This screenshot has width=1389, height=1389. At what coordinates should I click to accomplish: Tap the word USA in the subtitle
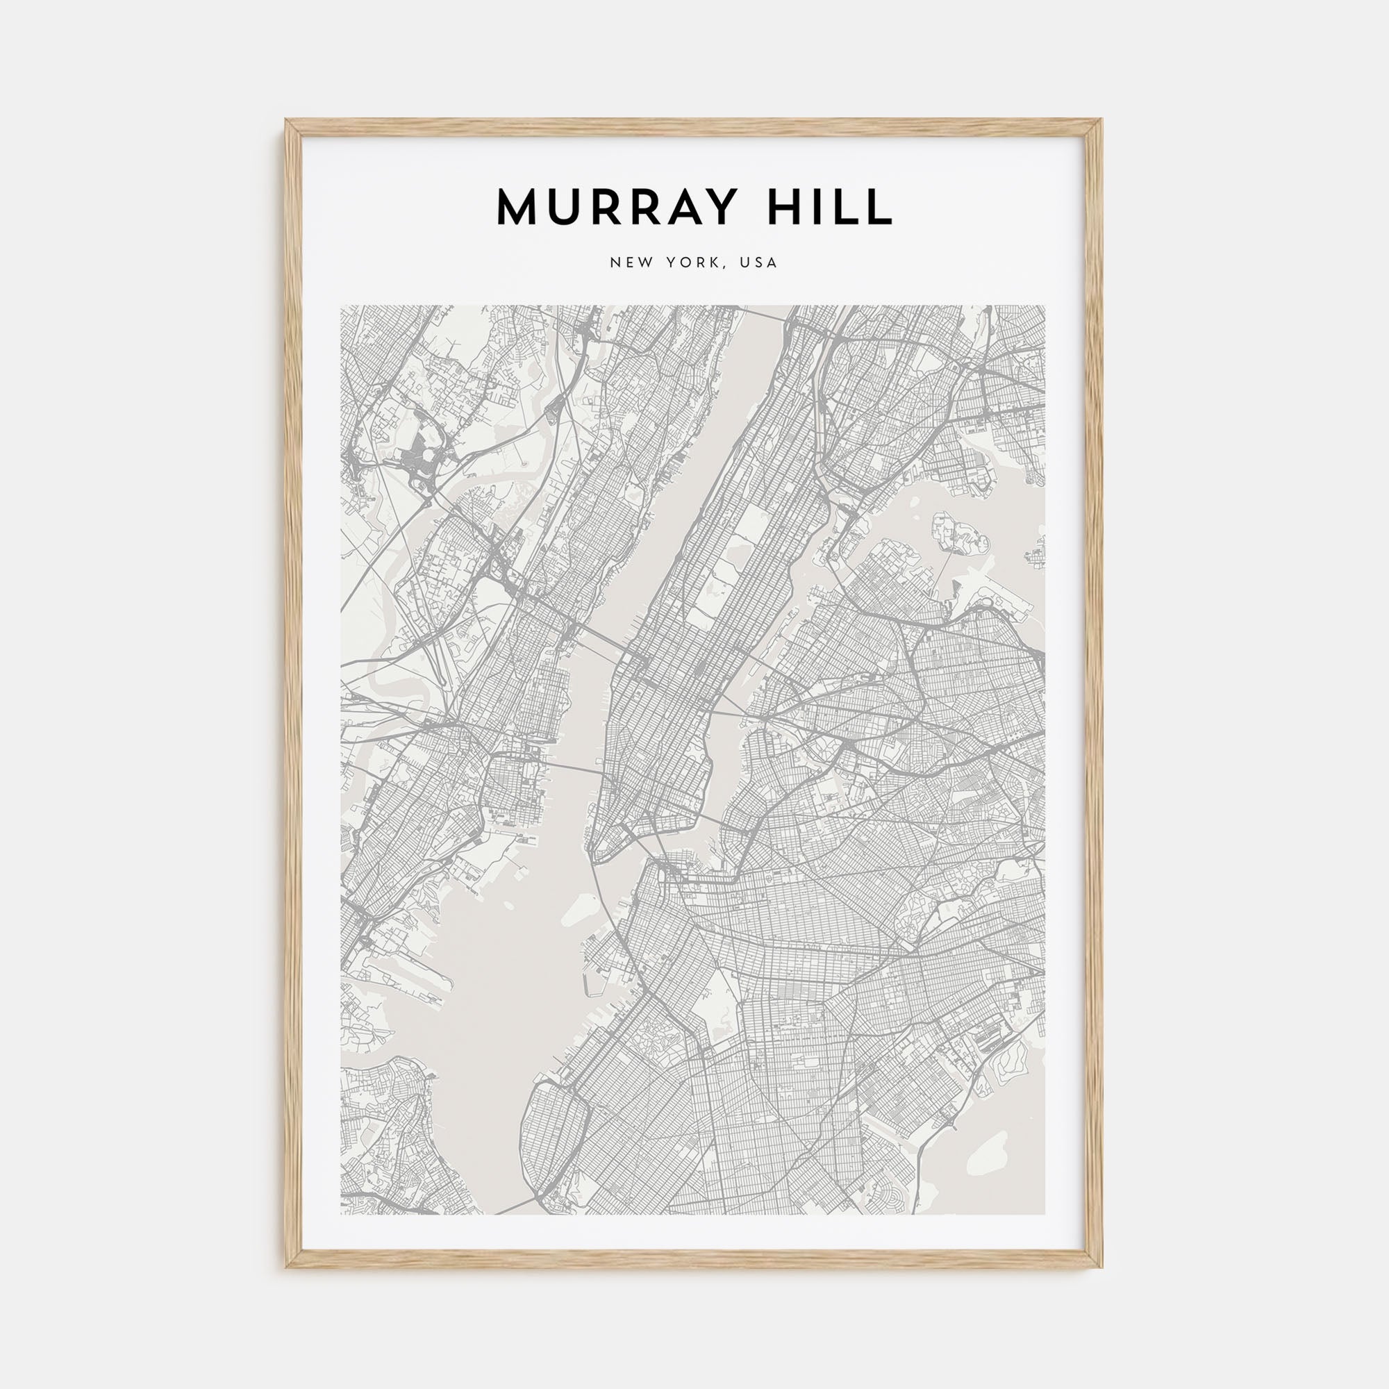point(762,263)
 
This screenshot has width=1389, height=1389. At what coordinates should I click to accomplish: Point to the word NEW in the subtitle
point(632,263)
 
